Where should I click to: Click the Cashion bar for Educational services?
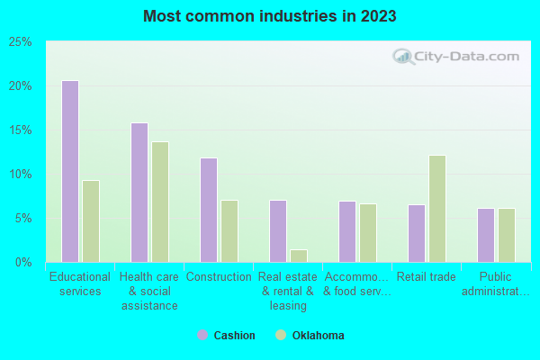click(x=70, y=171)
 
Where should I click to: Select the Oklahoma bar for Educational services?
click(x=91, y=221)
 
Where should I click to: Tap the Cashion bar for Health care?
click(x=139, y=193)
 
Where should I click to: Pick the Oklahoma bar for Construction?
click(x=229, y=231)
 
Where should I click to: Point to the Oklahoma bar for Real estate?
click(x=299, y=256)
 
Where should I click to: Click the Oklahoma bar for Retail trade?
click(x=437, y=209)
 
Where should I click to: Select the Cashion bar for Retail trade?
click(x=417, y=233)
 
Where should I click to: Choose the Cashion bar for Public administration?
click(x=486, y=235)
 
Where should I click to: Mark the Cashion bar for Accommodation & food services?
click(x=347, y=231)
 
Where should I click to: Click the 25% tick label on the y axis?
click(x=21, y=42)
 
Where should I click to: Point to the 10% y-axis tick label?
click(x=21, y=175)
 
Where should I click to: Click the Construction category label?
click(x=219, y=277)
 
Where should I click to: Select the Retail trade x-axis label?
click(x=427, y=277)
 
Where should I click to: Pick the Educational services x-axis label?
click(x=80, y=284)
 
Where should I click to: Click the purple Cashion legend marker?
click(x=202, y=336)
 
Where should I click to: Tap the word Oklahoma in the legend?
click(x=318, y=336)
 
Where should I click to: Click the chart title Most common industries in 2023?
click(x=269, y=17)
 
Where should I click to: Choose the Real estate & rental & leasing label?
click(x=288, y=291)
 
